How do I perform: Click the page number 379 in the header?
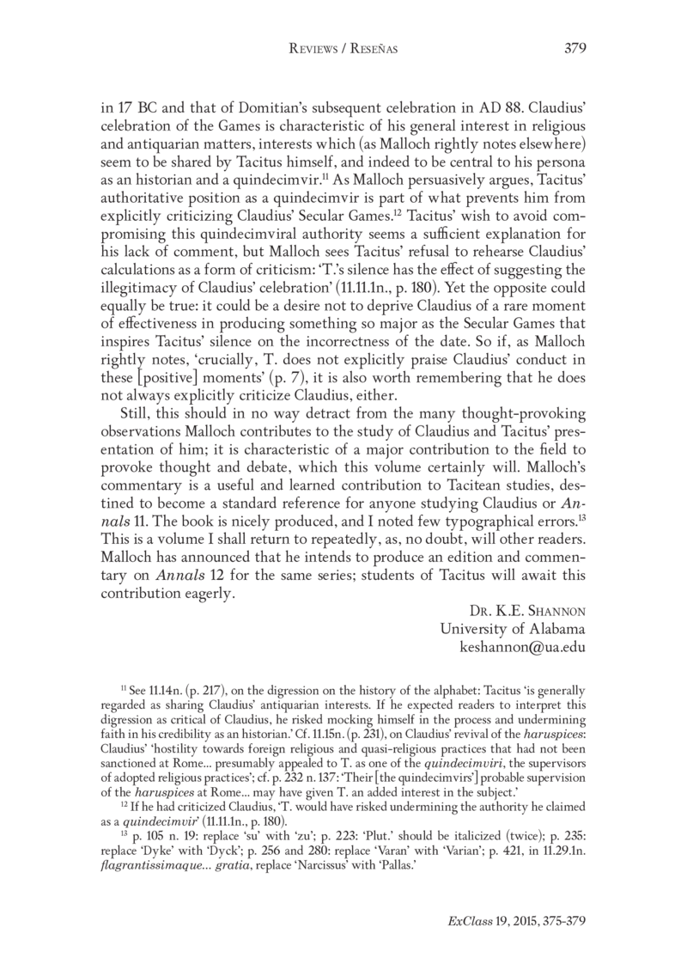575,49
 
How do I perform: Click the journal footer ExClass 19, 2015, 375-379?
517,921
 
